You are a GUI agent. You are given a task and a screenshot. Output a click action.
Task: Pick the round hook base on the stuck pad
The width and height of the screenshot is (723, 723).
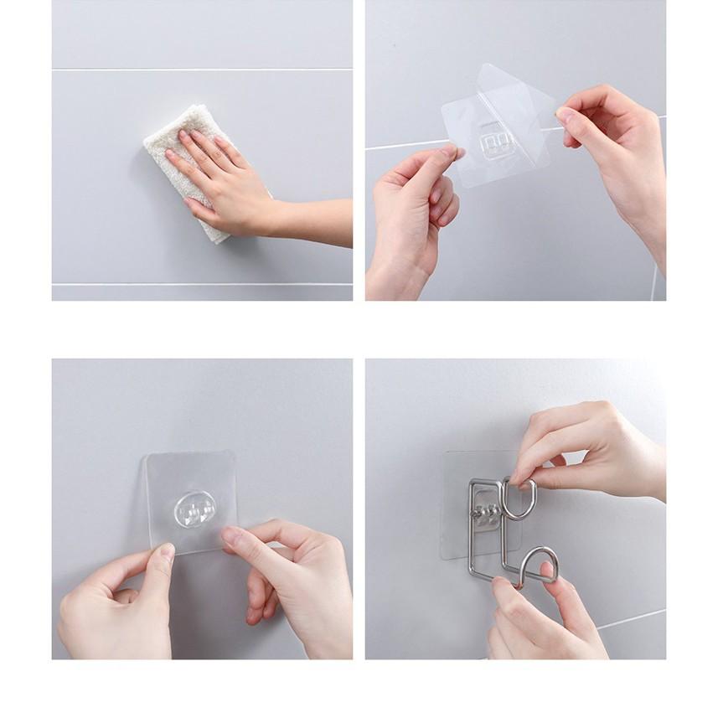[x=194, y=508]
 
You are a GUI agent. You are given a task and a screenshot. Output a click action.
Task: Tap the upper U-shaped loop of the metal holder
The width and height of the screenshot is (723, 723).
[x=519, y=498]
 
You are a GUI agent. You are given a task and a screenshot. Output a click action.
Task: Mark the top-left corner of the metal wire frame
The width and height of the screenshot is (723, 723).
[x=473, y=482]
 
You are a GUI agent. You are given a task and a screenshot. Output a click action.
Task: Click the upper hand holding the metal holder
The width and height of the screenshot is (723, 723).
[x=586, y=448]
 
